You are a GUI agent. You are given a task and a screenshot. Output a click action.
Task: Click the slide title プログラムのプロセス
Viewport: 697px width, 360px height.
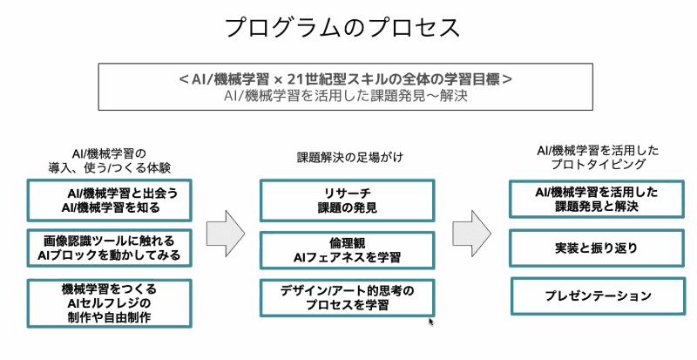coord(342,27)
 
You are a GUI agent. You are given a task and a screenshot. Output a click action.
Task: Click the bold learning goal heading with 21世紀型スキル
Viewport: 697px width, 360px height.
coord(345,78)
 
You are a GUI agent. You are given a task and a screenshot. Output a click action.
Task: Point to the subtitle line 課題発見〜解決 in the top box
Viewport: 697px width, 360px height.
coord(345,96)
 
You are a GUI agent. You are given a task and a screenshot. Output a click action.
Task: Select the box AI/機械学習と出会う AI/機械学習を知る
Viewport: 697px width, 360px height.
coord(110,200)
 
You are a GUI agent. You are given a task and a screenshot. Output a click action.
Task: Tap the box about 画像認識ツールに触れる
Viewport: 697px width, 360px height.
coord(110,248)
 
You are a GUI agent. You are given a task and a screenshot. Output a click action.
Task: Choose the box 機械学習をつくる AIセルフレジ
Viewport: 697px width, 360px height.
coord(110,302)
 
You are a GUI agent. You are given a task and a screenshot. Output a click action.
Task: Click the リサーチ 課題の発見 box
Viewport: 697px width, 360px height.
coord(347,200)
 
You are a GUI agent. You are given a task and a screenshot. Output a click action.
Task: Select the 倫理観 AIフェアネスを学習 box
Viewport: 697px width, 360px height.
coord(347,248)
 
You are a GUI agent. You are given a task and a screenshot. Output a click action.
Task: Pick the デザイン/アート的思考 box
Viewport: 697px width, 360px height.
coord(347,297)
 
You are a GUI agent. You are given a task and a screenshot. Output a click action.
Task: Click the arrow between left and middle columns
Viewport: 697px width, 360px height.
coord(226,231)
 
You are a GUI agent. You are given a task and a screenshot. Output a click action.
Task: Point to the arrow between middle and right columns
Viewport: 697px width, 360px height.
coord(472,231)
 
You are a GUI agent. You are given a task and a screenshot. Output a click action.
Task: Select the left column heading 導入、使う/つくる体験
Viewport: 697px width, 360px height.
coord(109,166)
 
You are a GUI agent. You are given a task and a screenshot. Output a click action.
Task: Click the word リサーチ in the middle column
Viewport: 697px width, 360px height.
coord(347,192)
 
